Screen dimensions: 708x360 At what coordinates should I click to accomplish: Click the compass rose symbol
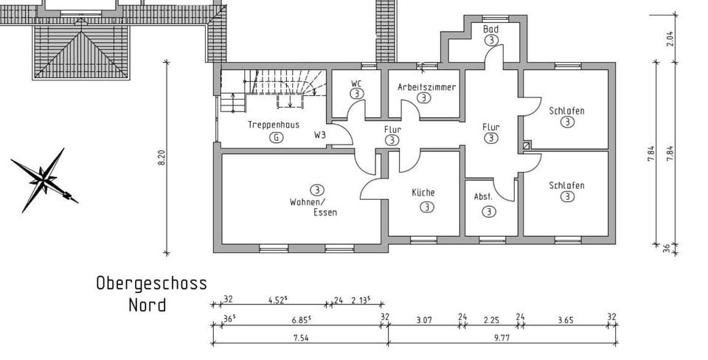click(x=44, y=179)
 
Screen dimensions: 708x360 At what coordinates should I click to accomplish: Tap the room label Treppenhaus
click(x=274, y=125)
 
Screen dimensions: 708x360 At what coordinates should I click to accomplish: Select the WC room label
click(x=356, y=83)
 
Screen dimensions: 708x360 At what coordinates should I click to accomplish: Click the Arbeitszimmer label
click(x=426, y=87)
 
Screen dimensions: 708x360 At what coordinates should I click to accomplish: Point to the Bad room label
click(x=490, y=30)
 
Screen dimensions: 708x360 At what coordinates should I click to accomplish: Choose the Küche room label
click(x=423, y=193)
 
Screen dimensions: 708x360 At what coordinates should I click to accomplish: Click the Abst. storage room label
click(x=483, y=197)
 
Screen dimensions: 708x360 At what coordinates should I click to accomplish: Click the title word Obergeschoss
click(x=151, y=283)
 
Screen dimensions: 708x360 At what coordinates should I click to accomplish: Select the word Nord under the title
click(x=147, y=304)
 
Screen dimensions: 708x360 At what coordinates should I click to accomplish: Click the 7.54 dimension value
click(x=300, y=337)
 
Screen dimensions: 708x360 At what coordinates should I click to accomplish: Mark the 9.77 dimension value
click(x=503, y=337)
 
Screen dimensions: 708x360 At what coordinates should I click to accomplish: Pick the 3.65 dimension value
click(x=564, y=319)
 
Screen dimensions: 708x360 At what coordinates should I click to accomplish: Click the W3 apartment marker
click(x=320, y=135)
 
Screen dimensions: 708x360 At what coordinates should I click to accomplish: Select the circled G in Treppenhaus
click(x=276, y=138)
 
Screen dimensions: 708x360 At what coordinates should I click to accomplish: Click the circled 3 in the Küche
click(x=426, y=207)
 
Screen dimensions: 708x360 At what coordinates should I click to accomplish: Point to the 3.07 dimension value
click(x=423, y=319)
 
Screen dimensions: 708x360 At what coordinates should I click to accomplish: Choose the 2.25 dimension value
click(x=490, y=319)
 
